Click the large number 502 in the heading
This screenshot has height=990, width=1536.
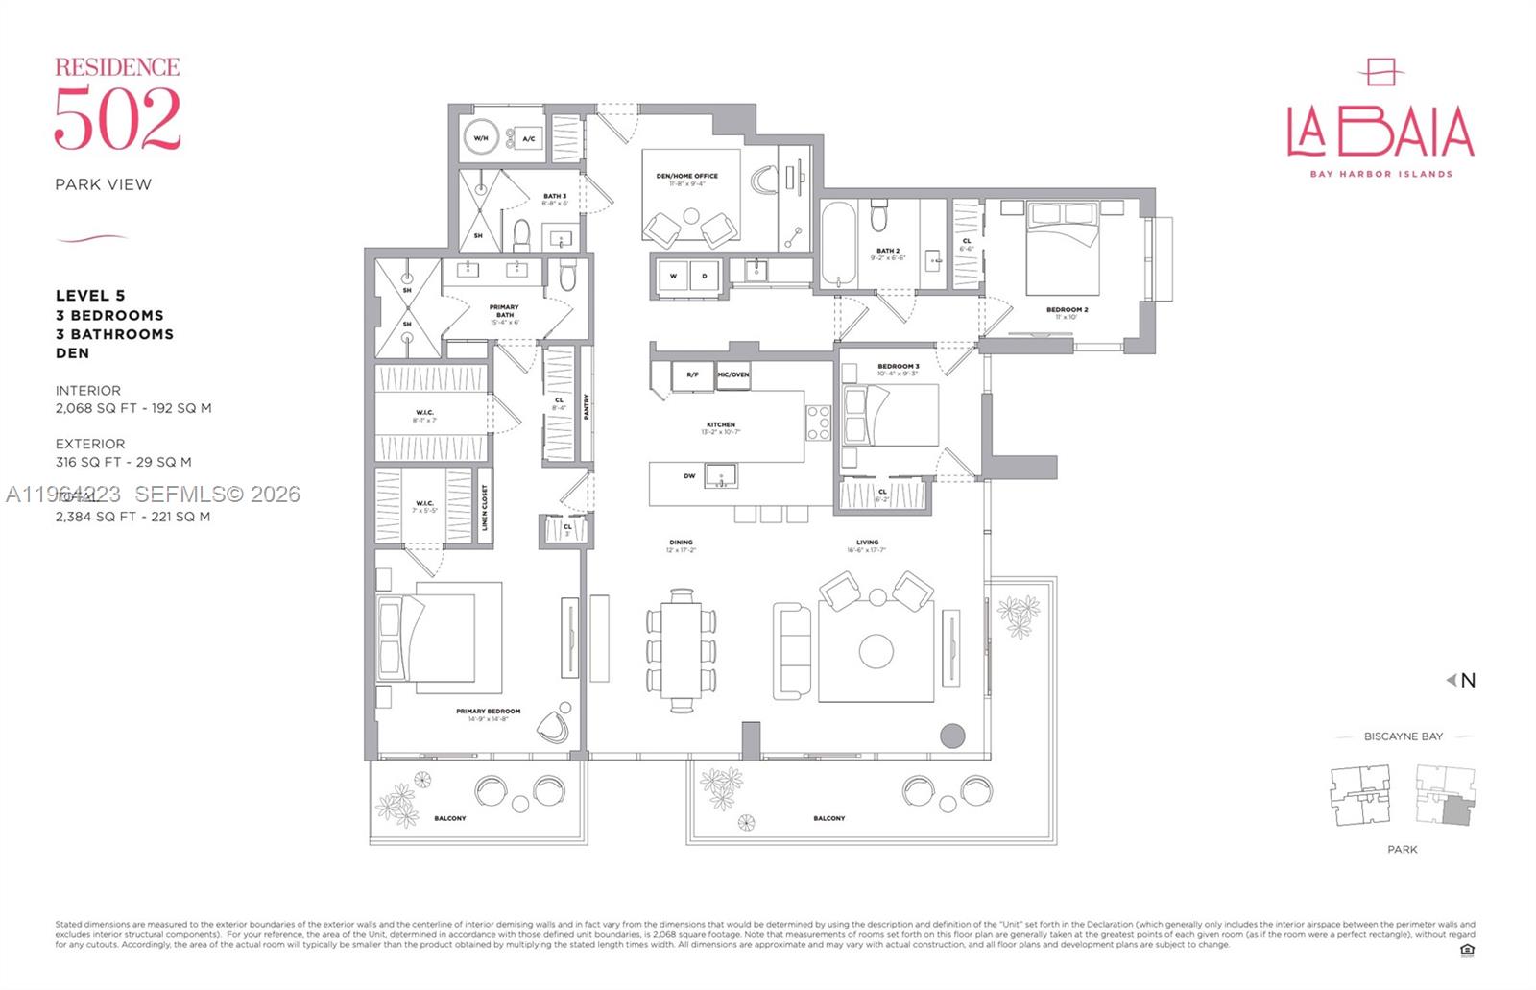pyautogui.click(x=117, y=119)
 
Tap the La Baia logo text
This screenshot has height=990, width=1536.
pyautogui.click(x=1380, y=132)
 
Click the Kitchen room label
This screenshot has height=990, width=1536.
pyautogui.click(x=720, y=424)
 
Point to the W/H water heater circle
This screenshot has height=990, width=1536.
pyautogui.click(x=481, y=138)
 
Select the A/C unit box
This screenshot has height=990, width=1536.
pyautogui.click(x=528, y=139)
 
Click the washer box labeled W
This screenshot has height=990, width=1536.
pyautogui.click(x=674, y=277)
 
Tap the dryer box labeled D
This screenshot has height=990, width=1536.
pyautogui.click(x=705, y=277)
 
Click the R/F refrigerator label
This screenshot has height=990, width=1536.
pyautogui.click(x=692, y=374)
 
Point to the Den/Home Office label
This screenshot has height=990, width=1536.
pyautogui.click(x=687, y=177)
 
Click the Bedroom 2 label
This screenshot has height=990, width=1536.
pyautogui.click(x=1067, y=310)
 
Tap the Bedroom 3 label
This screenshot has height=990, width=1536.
pyautogui.click(x=898, y=367)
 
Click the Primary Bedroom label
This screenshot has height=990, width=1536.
pyautogui.click(x=488, y=712)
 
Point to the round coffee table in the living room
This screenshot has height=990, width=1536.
pyautogui.click(x=876, y=651)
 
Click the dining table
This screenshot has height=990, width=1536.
pyautogui.click(x=682, y=650)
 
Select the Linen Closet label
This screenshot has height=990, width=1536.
pyautogui.click(x=485, y=507)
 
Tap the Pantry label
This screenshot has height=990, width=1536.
pyautogui.click(x=587, y=406)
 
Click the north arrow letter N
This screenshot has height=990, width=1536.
pyautogui.click(x=1468, y=681)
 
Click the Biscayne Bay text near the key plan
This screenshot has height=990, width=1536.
pyautogui.click(x=1403, y=736)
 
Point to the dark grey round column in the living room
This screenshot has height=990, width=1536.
pyautogui.click(x=951, y=736)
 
